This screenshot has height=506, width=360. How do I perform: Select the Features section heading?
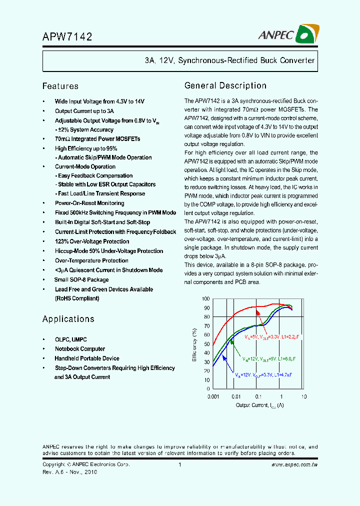[60, 86]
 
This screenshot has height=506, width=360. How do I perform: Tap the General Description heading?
[225, 85]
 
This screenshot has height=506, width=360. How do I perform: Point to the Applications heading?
[68, 319]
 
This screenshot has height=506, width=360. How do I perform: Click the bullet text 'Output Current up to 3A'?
[84, 111]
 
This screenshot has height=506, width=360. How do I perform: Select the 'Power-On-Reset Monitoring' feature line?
[89, 203]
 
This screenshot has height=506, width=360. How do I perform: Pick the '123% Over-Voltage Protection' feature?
[92, 241]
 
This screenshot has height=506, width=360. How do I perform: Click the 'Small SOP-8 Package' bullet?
[81, 279]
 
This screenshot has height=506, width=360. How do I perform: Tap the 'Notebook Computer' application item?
[80, 349]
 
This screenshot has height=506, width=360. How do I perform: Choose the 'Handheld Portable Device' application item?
[87, 358]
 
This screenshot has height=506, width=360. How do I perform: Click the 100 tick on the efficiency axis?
[206, 298]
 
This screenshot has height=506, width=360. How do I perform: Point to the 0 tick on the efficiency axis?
[208, 388]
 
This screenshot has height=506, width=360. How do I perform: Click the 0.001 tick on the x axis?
[213, 396]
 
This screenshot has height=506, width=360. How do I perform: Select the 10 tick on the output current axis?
[303, 396]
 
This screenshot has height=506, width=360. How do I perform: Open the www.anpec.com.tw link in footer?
[294, 464]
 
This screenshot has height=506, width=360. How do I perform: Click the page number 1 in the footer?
[179, 464]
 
